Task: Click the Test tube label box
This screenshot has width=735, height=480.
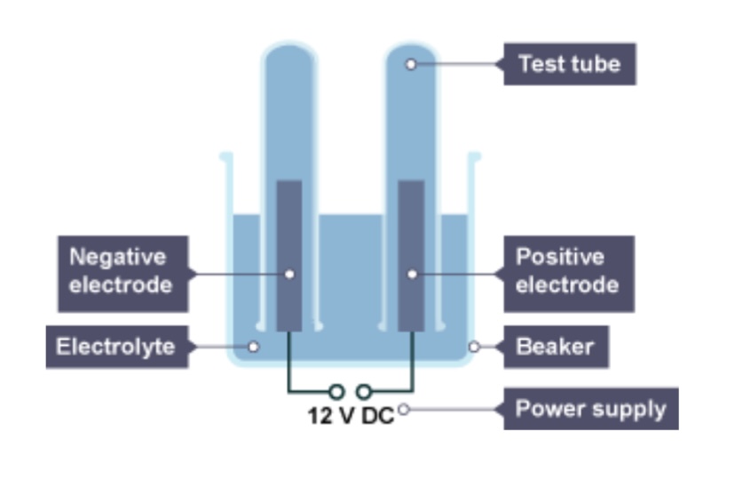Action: coord(569,64)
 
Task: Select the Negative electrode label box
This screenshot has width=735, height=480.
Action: coord(122,272)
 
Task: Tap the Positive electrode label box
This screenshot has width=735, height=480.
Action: coord(566,272)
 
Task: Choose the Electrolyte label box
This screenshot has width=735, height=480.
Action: coord(116,346)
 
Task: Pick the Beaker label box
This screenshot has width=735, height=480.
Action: coord(556,346)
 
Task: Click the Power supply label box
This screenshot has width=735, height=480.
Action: coord(590,409)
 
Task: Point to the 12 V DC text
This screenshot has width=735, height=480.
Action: coord(351,415)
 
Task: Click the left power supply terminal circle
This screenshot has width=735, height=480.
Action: coord(336,390)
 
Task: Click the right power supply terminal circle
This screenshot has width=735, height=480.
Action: coord(363,390)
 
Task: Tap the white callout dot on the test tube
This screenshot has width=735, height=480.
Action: coord(410,64)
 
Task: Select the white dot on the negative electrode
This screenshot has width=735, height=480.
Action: coord(289,274)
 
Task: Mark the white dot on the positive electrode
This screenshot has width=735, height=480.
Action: coord(412,274)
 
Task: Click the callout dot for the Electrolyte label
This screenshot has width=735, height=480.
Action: coord(253,347)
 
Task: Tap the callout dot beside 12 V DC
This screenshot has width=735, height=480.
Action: coord(404,410)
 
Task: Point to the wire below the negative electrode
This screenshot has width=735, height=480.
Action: coord(290,364)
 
